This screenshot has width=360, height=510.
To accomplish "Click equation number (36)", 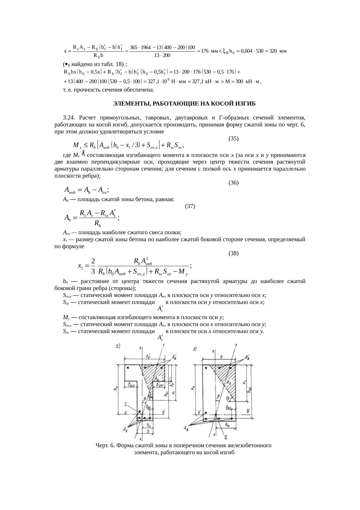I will tap(234, 182).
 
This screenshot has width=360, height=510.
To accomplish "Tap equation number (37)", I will tap(190, 206).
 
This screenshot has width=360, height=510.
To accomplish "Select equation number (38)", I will tap(234, 253).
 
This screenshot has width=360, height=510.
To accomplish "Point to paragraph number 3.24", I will tap(69, 118).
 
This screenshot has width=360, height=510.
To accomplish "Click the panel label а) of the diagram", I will tap(118, 346).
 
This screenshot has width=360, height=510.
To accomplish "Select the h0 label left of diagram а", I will tap(116, 388).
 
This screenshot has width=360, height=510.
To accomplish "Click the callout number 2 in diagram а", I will tap(125, 404).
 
